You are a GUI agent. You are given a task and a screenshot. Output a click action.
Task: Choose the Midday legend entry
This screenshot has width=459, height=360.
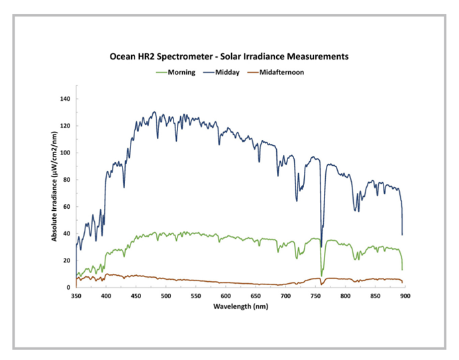(x=229, y=72)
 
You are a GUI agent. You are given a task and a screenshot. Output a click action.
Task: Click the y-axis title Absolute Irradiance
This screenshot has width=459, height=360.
(x=55, y=192)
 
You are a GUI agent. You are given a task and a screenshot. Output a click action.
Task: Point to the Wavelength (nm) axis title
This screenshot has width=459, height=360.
(x=242, y=308)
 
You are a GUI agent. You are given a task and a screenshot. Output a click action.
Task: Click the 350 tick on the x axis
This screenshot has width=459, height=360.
(x=76, y=296)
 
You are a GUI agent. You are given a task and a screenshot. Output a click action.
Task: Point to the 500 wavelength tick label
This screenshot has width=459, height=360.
(x=166, y=296)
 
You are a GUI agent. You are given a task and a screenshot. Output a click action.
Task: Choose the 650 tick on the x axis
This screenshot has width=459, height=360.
(x=256, y=296)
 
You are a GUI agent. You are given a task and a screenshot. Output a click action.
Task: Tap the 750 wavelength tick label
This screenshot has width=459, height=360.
(x=316, y=296)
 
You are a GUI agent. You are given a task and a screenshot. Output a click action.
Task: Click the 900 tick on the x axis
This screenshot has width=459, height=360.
(x=405, y=296)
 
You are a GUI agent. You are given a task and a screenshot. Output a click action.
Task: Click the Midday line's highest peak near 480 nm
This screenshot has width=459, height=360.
(x=154, y=112)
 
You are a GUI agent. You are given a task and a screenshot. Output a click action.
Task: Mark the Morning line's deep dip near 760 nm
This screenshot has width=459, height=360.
(x=322, y=274)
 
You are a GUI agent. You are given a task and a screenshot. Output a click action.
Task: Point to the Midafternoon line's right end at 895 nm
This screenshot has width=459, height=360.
(x=402, y=282)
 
